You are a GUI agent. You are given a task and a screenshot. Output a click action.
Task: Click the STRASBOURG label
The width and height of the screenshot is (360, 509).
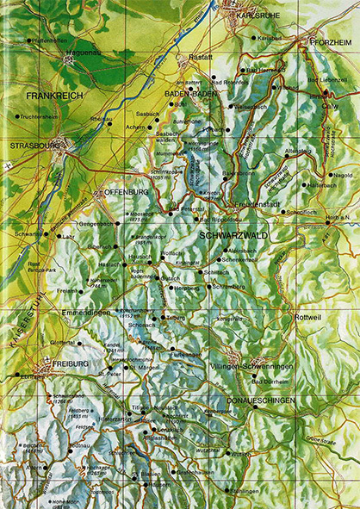32,146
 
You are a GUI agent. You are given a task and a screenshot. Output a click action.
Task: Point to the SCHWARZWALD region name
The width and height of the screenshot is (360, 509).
233,234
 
